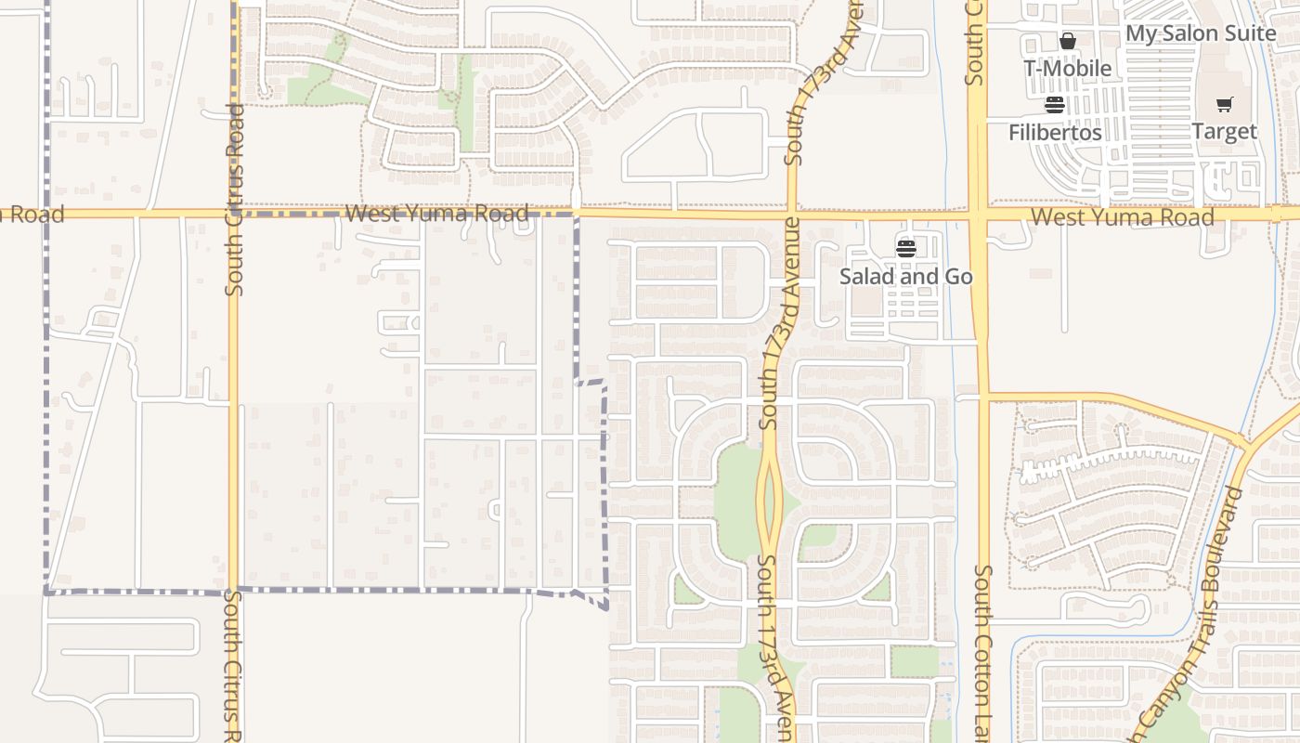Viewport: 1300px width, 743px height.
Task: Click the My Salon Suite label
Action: click(x=1201, y=33)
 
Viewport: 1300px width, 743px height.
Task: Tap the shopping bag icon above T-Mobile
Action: click(x=1068, y=41)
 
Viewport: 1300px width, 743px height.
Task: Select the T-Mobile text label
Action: click(x=1067, y=69)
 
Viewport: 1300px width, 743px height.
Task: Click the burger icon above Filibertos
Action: click(x=1054, y=104)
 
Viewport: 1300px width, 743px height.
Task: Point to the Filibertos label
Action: click(x=1055, y=133)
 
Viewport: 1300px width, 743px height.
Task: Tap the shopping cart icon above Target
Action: click(x=1224, y=104)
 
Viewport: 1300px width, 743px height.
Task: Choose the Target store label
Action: click(x=1224, y=132)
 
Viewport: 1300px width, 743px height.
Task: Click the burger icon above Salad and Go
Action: click(x=906, y=248)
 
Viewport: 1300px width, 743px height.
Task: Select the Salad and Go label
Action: click(x=906, y=277)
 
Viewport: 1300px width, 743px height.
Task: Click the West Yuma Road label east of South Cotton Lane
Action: click(x=1123, y=217)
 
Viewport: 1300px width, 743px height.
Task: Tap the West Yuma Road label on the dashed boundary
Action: click(x=436, y=214)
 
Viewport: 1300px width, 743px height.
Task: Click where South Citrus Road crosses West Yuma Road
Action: click(x=233, y=214)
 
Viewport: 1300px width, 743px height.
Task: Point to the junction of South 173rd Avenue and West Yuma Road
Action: click(x=792, y=215)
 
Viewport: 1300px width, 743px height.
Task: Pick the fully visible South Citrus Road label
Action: click(x=235, y=200)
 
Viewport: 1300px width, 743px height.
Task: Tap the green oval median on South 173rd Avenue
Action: click(x=769, y=502)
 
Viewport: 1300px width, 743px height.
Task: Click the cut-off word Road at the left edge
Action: click(x=32, y=215)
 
